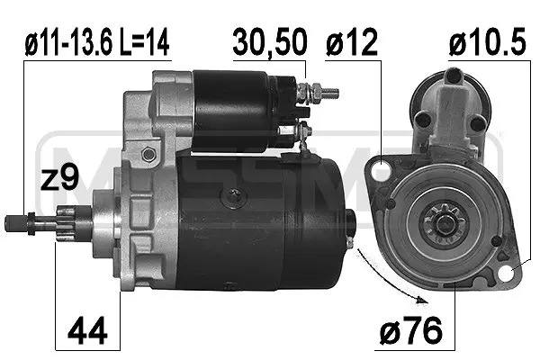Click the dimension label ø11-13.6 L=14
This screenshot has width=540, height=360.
(97, 42)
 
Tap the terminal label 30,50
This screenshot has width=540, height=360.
(270, 42)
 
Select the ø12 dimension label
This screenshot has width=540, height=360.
(352, 43)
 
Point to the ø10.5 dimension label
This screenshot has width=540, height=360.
(487, 42)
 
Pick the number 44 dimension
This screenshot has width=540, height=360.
(87, 331)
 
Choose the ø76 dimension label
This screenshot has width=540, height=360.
(411, 330)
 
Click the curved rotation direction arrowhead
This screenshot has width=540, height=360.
(421, 301)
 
